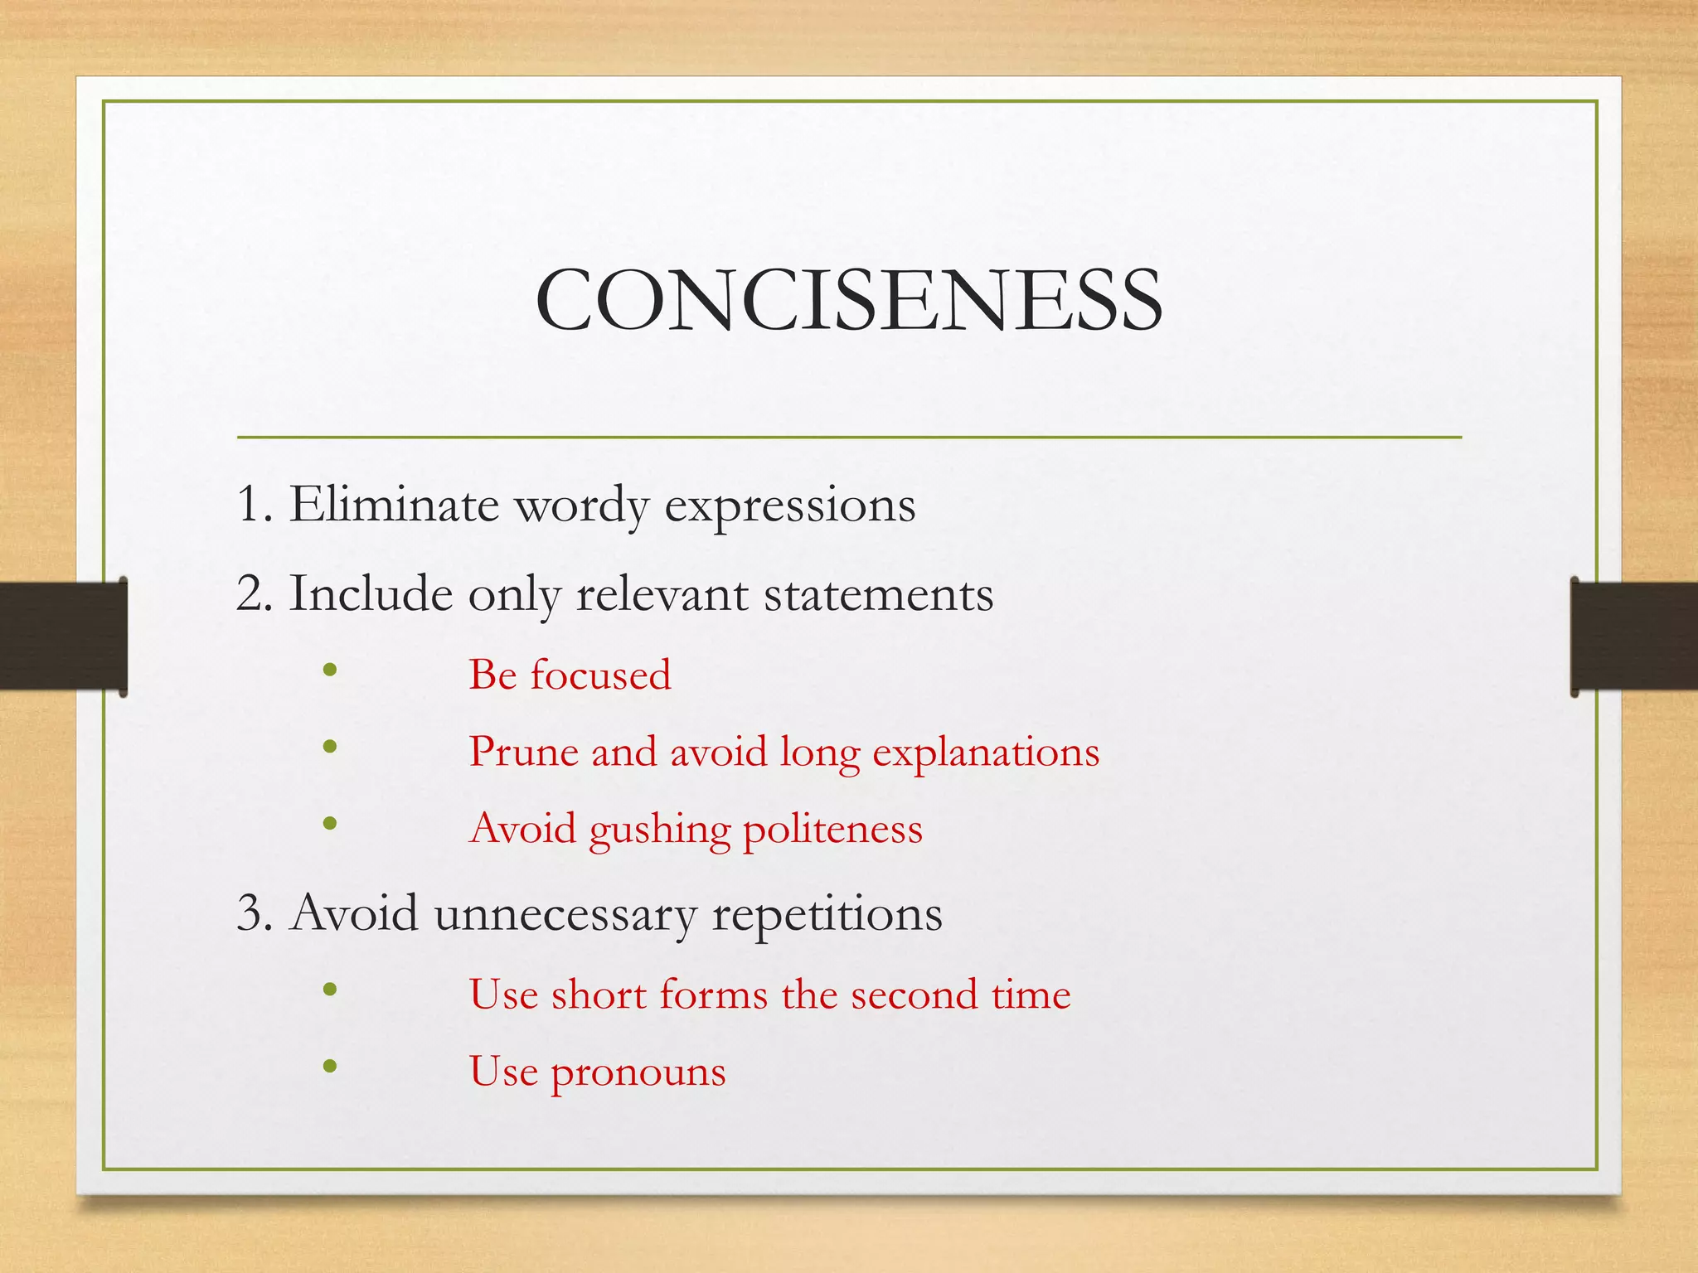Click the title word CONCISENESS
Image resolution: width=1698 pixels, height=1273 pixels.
click(x=849, y=300)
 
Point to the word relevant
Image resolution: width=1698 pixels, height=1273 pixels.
click(x=662, y=593)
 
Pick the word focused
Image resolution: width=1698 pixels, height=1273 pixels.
click(x=600, y=674)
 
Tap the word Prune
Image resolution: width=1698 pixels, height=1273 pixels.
click(x=523, y=752)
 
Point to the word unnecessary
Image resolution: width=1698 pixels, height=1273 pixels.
click(x=565, y=914)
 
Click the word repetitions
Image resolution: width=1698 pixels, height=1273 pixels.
click(x=827, y=914)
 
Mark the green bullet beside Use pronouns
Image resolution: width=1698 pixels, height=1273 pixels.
click(x=330, y=1066)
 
